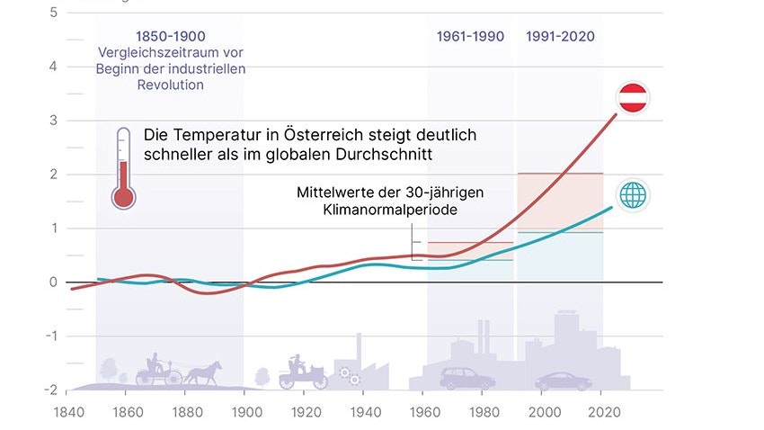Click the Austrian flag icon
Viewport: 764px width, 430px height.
click(633, 97)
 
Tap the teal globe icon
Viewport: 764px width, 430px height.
click(633, 195)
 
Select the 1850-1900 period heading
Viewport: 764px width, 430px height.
click(170, 37)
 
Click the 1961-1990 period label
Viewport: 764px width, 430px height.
click(470, 37)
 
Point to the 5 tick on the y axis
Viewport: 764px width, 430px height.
click(53, 13)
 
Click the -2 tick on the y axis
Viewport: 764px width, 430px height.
click(51, 390)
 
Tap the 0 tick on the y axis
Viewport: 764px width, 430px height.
click(53, 282)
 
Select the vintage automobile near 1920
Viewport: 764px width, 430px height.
click(303, 370)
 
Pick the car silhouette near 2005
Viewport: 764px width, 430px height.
click(564, 381)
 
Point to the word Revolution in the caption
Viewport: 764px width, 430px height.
click(170, 85)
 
